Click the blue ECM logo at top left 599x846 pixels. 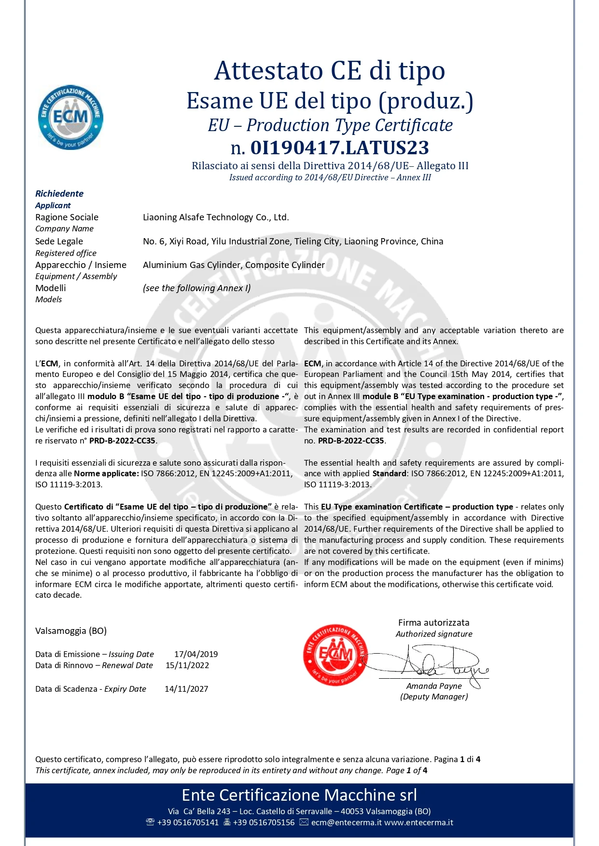point(70,117)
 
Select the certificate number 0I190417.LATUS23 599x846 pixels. point(339,148)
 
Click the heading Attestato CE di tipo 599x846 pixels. point(330,71)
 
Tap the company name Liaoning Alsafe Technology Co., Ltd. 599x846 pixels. point(216,217)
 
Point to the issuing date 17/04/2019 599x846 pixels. point(196,654)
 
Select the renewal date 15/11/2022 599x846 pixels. point(187,665)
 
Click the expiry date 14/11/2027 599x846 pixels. point(186,689)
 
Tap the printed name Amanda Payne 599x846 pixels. point(434,686)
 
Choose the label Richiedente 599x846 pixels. point(59,194)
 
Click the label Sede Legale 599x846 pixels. point(59,242)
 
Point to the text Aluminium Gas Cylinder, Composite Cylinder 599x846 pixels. point(234,265)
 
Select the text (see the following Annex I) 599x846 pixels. point(197,288)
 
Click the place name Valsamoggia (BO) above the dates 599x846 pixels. point(71,631)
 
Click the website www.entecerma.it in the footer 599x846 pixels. point(418,822)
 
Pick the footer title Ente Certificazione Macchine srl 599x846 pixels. point(299,795)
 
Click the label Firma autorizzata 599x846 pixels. point(433,623)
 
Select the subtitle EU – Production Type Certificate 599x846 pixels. point(330,125)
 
